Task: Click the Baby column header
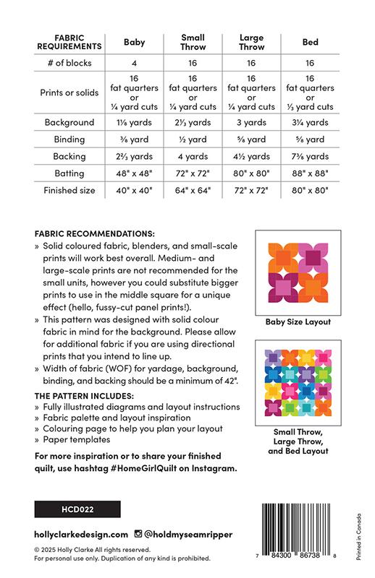(135, 43)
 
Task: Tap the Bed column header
(310, 43)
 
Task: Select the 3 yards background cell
(250, 123)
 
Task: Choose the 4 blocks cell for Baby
(135, 64)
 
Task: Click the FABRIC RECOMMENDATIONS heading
(94, 235)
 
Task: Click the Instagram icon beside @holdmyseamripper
(138, 535)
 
